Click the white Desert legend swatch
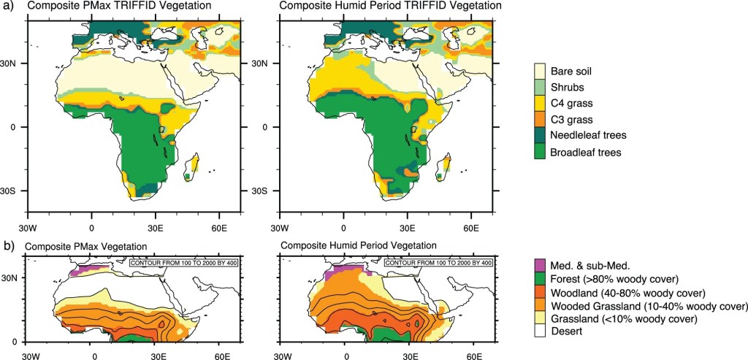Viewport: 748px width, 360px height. tap(541, 333)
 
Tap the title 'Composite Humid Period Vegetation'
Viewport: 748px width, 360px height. tap(358, 245)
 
